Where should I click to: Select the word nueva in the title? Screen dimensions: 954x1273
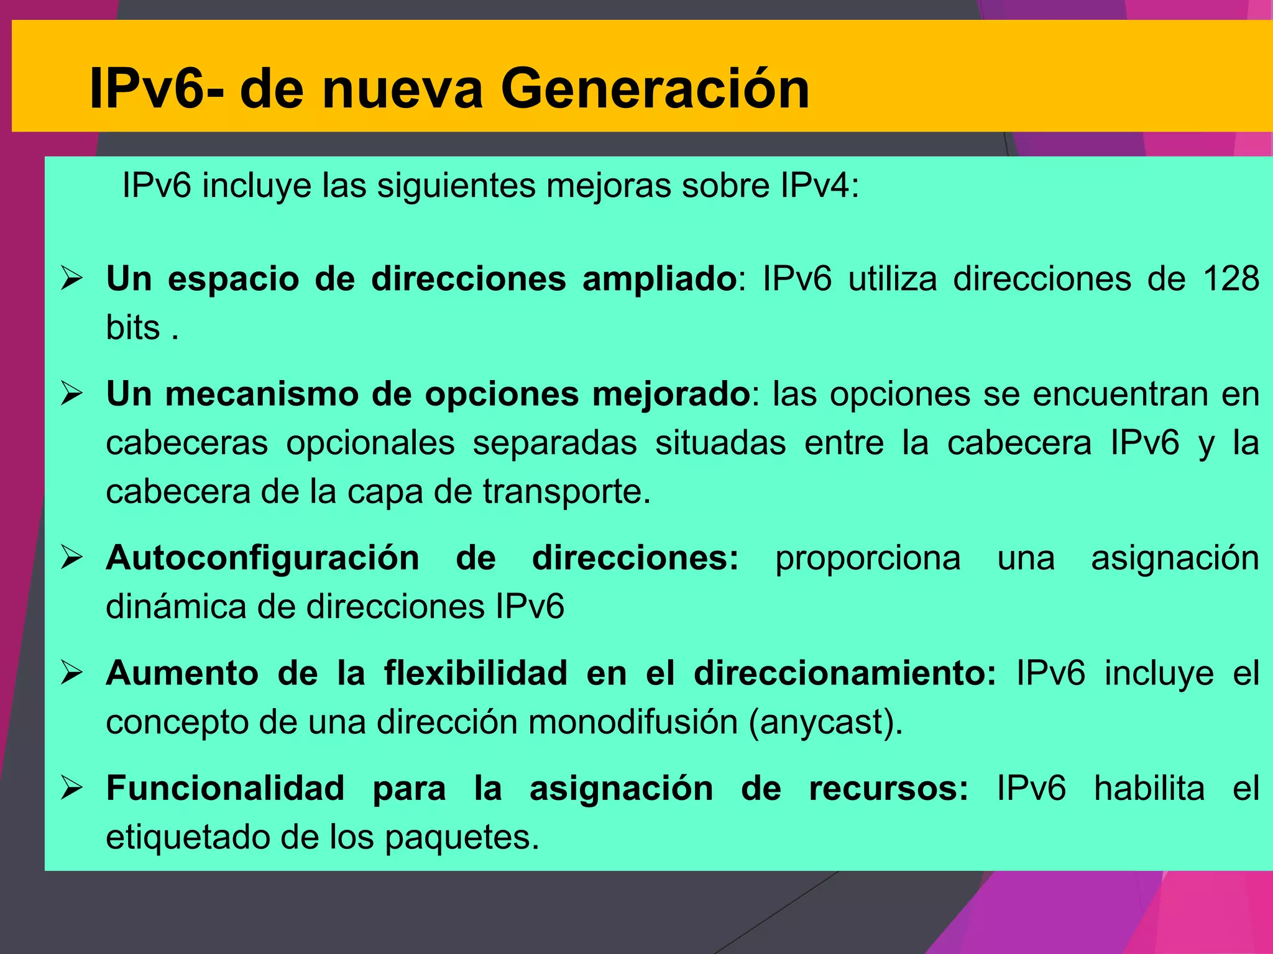[x=403, y=89]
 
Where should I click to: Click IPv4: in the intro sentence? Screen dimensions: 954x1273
[x=820, y=186]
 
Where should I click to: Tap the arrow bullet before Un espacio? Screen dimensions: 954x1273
[x=72, y=278]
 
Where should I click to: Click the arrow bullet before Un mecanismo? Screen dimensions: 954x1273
[x=72, y=394]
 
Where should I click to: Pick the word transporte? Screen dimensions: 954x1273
[x=566, y=492]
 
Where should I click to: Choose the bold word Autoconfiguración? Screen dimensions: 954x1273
[x=262, y=558]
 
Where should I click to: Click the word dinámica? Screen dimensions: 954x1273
[x=176, y=607]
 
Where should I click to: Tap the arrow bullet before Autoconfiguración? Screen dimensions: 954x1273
[x=72, y=558]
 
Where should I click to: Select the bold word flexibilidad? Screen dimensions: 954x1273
[x=476, y=673]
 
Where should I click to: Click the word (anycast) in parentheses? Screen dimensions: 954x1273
[x=825, y=722]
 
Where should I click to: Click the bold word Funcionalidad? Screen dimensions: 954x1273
[x=225, y=789]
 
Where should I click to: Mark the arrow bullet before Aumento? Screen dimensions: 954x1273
[x=72, y=673]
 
